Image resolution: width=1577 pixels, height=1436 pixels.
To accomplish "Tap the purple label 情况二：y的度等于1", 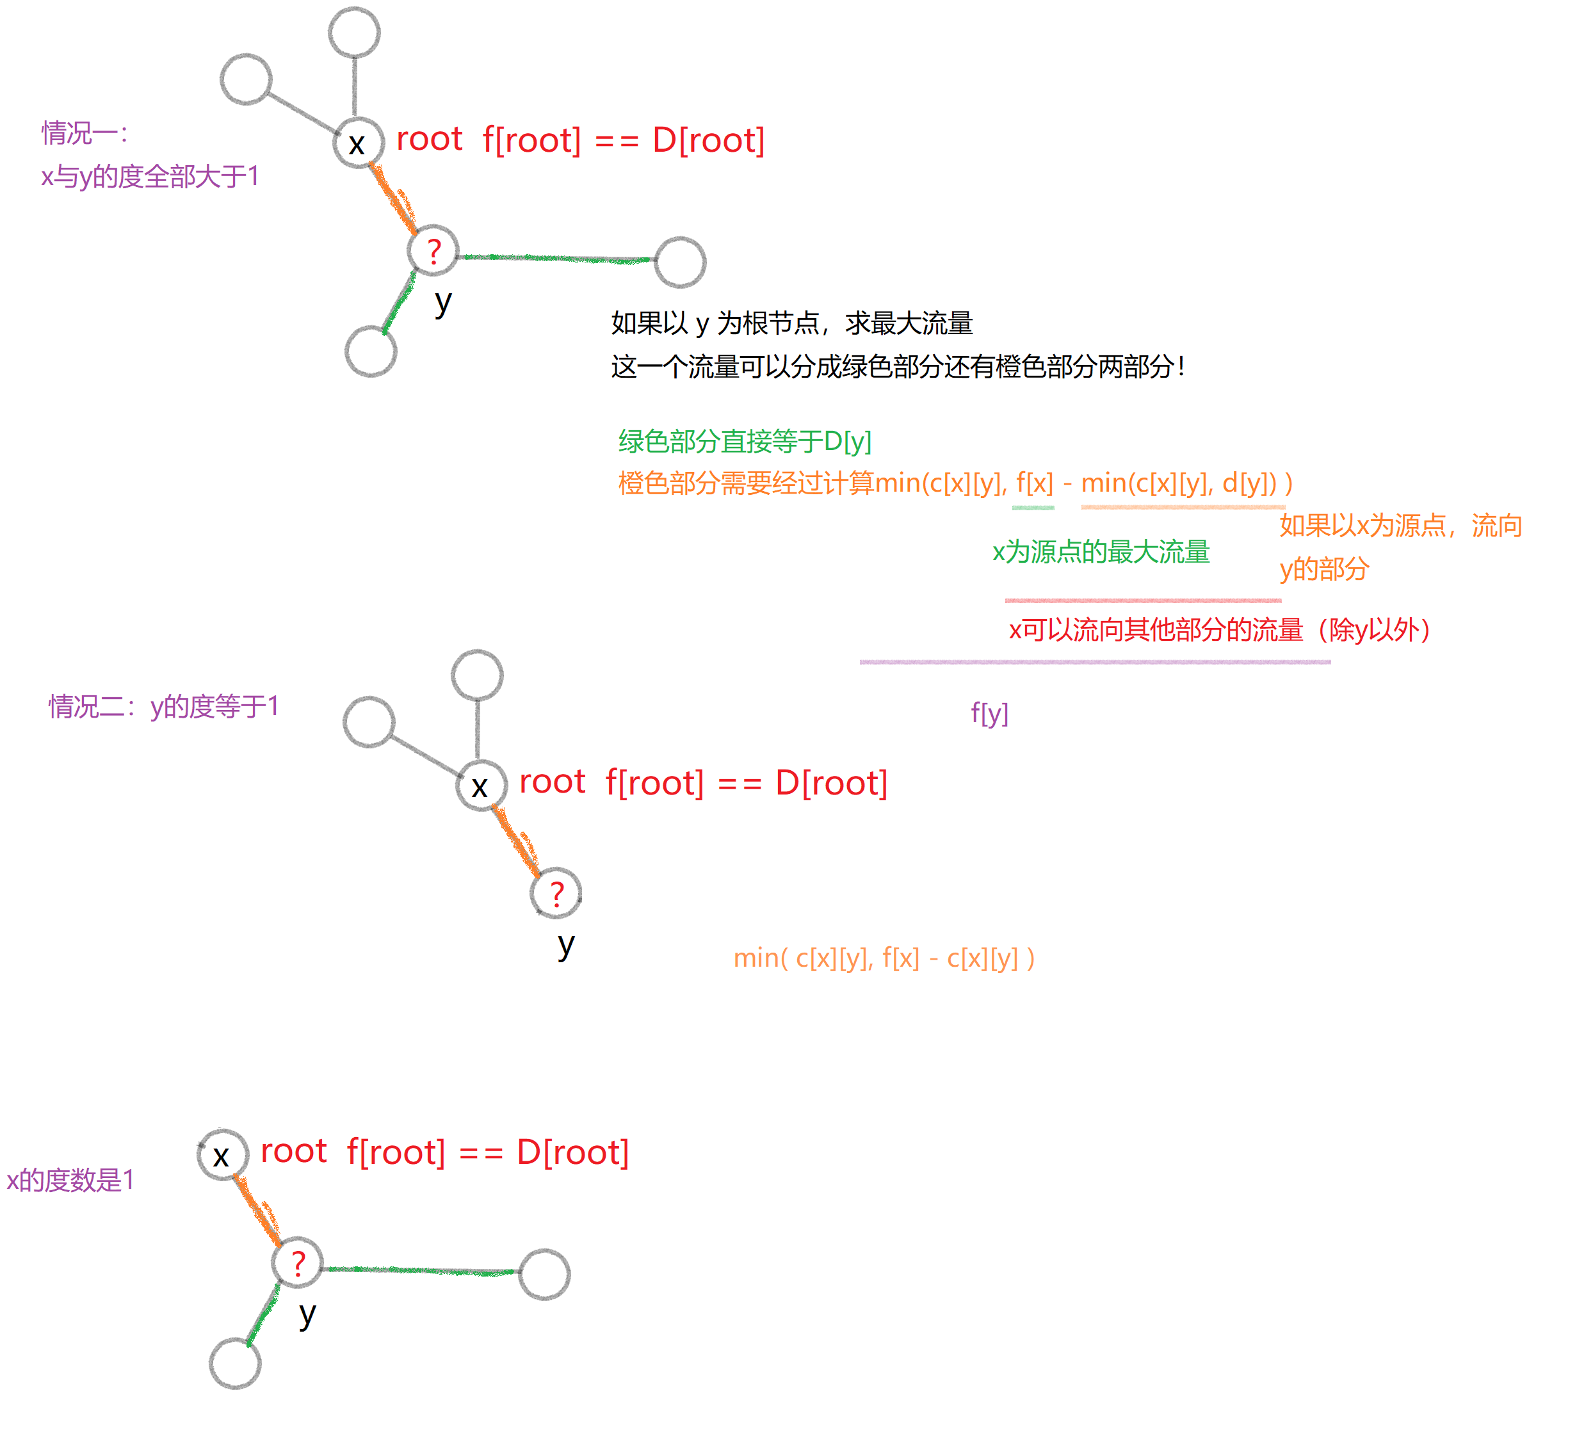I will (163, 706).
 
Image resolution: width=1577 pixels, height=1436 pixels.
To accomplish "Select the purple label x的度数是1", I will (70, 1179).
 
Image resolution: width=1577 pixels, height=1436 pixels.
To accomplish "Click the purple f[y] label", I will (989, 713).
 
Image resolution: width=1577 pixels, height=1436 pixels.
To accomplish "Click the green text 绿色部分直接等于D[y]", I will (744, 441).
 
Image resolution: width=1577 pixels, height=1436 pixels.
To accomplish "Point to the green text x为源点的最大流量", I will (1101, 551).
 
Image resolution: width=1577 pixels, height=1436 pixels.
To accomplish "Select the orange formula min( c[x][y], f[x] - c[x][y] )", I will (884, 957).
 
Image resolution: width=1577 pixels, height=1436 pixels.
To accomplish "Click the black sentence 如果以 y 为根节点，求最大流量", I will (791, 322).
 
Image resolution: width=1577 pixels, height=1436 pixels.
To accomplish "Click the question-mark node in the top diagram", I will (433, 251).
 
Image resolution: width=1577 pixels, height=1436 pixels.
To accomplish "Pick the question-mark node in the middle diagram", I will (556, 893).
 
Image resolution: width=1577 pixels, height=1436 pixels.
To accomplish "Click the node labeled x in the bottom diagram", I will (222, 1154).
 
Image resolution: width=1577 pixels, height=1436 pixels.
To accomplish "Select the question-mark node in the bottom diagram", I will (297, 1263).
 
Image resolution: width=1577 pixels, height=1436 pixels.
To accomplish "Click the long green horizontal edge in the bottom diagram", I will (419, 1270).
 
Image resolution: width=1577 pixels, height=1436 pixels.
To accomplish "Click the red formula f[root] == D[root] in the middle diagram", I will (747, 782).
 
